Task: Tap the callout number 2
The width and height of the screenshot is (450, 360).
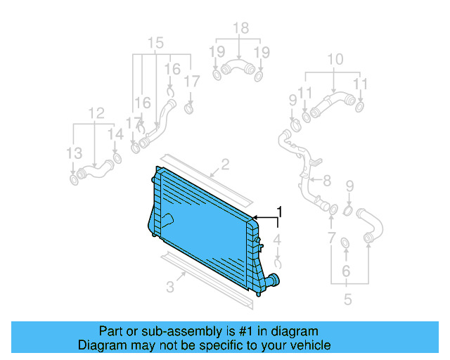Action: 225,165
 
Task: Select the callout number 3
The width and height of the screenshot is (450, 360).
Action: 169,286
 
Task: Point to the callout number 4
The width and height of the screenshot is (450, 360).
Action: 278,241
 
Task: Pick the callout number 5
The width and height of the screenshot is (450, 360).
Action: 347,300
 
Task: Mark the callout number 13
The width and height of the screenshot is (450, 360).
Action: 74,154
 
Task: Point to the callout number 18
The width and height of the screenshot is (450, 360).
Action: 240,29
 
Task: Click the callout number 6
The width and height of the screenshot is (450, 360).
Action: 345,271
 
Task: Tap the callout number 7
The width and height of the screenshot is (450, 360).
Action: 331,239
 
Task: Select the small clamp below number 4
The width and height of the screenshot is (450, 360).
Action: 278,263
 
